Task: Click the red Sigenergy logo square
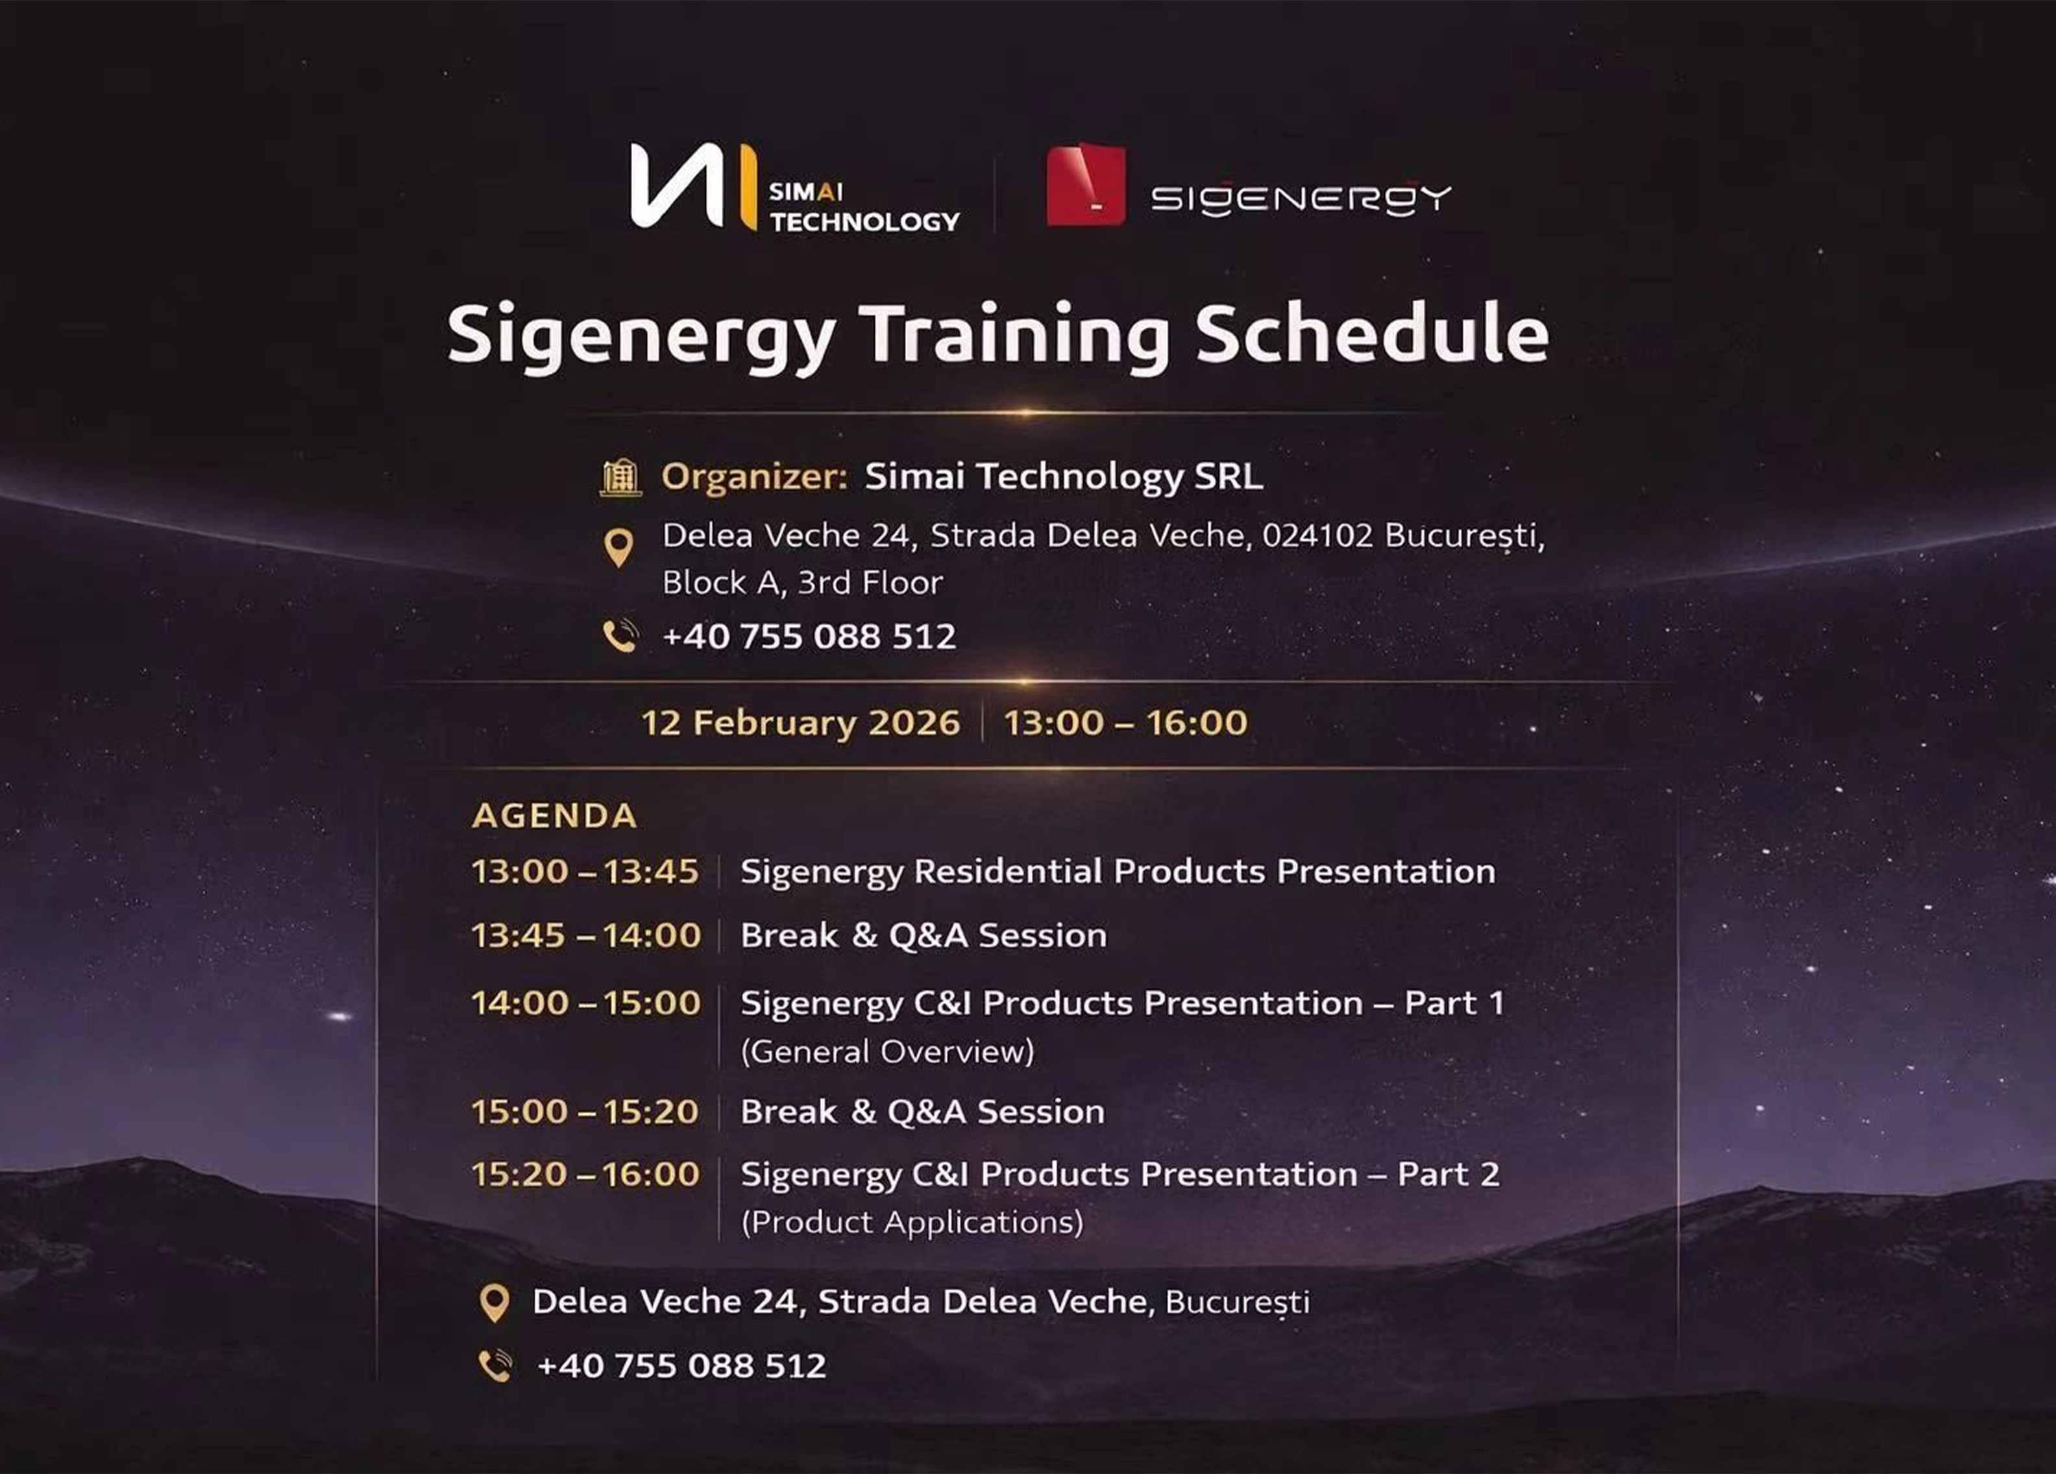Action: pyautogui.click(x=1085, y=184)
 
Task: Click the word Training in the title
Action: pyautogui.click(x=1014, y=334)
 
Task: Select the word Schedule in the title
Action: pyautogui.click(x=1371, y=333)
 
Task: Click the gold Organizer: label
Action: pyautogui.click(x=754, y=477)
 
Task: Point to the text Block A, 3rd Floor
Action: pyautogui.click(x=802, y=583)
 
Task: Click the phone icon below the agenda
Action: pyautogui.click(x=495, y=1365)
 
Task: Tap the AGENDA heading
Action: pyautogui.click(x=554, y=816)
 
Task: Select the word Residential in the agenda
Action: pyautogui.click(x=1007, y=872)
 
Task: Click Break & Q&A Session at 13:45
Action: pyautogui.click(x=923, y=935)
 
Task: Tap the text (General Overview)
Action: pyautogui.click(x=887, y=1051)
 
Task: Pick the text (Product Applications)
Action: pyautogui.click(x=911, y=1222)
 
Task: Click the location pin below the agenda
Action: pyautogui.click(x=494, y=1303)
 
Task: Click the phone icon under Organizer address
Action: pyautogui.click(x=620, y=636)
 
